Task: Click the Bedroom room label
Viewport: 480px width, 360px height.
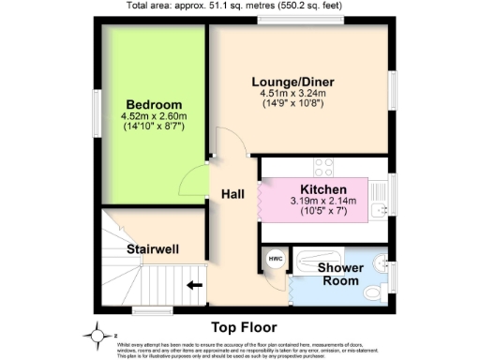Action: point(154,104)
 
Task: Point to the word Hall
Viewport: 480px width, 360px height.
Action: point(232,194)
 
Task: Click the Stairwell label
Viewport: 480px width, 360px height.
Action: point(154,249)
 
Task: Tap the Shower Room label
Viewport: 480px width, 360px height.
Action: point(340,274)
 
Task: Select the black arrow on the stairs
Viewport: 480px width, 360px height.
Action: point(196,286)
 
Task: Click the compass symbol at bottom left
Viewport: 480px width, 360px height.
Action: point(96,333)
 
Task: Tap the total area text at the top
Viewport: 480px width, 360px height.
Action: point(240,6)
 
